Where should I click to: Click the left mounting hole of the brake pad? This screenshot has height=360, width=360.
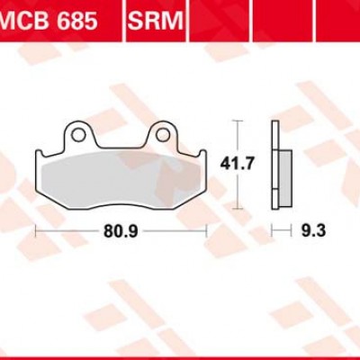(78, 136)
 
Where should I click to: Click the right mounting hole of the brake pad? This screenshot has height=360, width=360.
(162, 136)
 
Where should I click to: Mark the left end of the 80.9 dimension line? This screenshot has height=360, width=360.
(36, 231)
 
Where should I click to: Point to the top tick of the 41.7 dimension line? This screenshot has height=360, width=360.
(237, 121)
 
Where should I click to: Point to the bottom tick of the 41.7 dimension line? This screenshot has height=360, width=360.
(237, 208)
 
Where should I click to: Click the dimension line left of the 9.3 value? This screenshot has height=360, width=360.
(284, 231)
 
